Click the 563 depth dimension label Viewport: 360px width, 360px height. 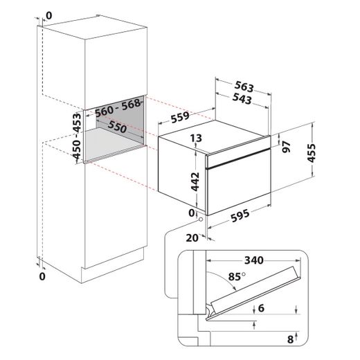point(244,87)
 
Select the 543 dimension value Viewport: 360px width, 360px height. point(242,99)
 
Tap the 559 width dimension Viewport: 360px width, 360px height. point(180,117)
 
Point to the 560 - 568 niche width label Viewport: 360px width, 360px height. point(118,107)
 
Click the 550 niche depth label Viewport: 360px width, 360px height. point(117,127)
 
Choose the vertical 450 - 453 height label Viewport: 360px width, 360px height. point(77,136)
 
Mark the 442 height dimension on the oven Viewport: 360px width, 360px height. point(195,182)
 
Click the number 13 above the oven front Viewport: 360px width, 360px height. point(196,138)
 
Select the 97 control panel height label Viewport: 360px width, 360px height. point(287,147)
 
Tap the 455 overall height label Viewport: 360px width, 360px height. point(312,153)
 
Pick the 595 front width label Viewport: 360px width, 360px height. point(240,215)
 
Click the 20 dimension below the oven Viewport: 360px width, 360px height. point(192,238)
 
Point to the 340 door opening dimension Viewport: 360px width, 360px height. point(254,260)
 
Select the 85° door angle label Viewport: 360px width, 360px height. point(237,276)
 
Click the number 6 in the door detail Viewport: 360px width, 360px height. point(261,308)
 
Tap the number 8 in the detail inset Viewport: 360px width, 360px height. point(290,339)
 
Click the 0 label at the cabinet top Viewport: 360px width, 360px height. point(49,16)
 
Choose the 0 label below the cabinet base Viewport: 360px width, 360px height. point(42,276)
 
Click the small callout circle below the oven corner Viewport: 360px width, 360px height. point(201,219)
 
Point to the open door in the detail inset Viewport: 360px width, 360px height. point(253,293)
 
